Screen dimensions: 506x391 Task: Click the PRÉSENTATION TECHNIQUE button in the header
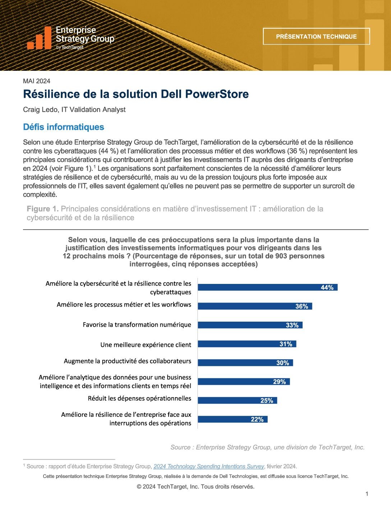(x=316, y=36)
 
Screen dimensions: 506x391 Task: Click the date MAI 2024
(x=37, y=81)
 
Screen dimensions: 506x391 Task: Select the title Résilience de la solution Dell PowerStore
(x=136, y=94)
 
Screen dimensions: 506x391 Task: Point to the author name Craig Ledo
(x=40, y=110)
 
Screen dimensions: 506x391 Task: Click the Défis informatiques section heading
(x=64, y=127)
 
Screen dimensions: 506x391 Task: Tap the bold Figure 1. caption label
(x=42, y=209)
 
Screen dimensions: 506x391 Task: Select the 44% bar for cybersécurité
(x=267, y=287)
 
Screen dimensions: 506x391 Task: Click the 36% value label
(x=302, y=306)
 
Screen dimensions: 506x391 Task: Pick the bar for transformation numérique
(x=250, y=325)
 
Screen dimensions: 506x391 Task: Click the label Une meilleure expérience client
(x=146, y=345)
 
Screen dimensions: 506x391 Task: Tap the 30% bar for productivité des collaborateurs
(x=245, y=363)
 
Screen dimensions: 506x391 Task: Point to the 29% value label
(x=279, y=382)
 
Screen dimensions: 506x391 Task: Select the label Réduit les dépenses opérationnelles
(x=139, y=398)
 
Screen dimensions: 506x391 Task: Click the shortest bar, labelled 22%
(x=233, y=419)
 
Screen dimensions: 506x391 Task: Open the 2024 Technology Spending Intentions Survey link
(x=209, y=466)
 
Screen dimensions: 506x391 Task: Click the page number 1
(x=367, y=494)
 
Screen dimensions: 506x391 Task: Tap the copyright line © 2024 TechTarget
(x=195, y=487)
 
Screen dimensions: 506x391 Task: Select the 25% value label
(x=267, y=400)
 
